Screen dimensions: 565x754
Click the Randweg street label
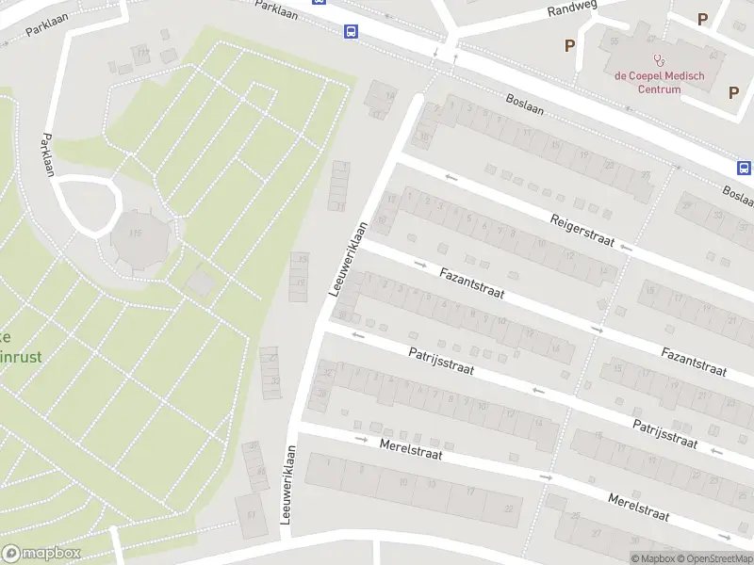573,10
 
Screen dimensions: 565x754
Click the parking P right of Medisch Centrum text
733,91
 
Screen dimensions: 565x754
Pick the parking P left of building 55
569,44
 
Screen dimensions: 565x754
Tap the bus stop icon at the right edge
744,168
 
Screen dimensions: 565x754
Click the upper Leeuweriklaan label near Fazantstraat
348,260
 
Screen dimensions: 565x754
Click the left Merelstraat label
411,449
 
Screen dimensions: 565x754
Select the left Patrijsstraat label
440,362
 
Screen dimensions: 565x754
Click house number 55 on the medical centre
615,42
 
